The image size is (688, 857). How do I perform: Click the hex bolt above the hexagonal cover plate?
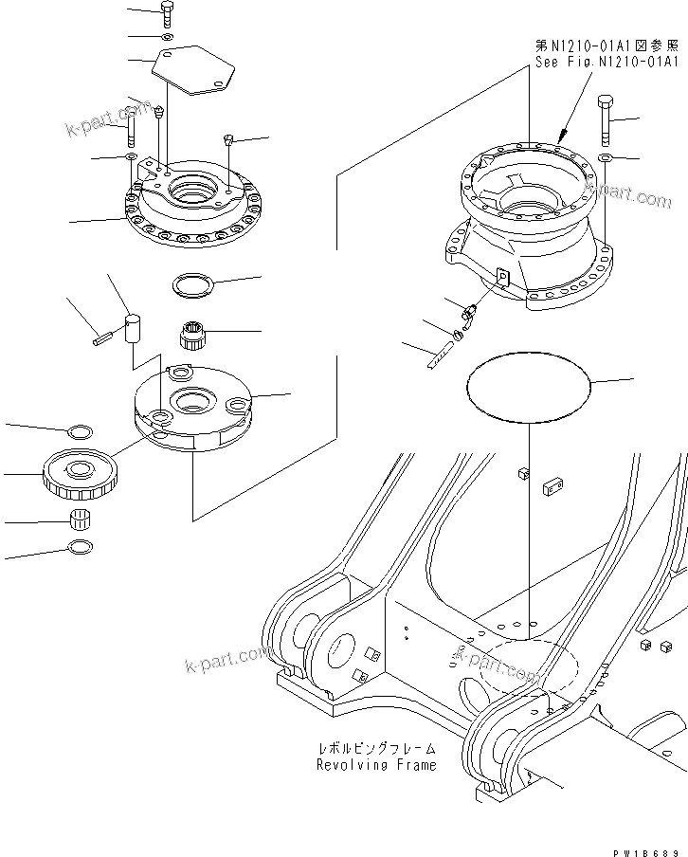click(166, 13)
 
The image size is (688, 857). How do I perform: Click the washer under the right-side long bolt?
click(605, 155)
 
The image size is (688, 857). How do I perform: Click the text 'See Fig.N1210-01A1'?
click(605, 63)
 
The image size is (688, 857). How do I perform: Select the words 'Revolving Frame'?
click(377, 764)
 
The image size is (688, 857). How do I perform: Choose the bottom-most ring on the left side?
click(81, 548)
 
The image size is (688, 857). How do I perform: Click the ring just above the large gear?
click(81, 431)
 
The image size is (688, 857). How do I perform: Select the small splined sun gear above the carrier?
click(193, 335)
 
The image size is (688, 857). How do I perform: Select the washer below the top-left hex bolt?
click(166, 36)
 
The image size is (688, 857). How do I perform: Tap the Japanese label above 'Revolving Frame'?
click(376, 748)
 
